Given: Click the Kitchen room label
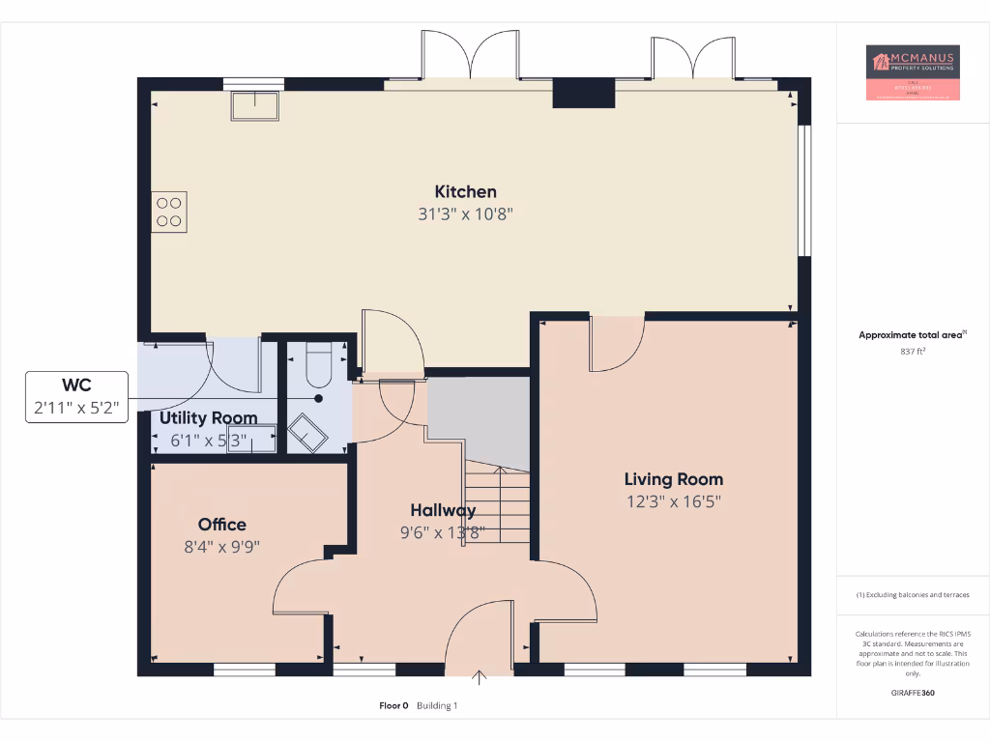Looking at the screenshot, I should [465, 191].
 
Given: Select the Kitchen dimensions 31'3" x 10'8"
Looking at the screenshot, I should [465, 214].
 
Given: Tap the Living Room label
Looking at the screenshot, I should [673, 479].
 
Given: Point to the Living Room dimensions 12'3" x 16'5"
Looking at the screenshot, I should [673, 501].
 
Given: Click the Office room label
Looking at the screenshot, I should [222, 525].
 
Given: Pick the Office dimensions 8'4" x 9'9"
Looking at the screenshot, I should [222, 546].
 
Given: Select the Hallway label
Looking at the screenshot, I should [443, 510].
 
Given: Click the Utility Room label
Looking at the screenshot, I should [208, 418].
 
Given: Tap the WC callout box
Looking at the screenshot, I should [76, 397].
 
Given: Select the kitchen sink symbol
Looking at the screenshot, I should [255, 104].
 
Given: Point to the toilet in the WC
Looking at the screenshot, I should [319, 364].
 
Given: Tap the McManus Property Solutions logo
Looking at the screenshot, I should [913, 72].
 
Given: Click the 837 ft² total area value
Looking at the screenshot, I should [913, 352].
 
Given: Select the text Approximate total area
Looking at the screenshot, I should [911, 335].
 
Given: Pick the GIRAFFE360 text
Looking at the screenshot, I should [913, 693].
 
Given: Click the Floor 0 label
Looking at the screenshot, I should [393, 706].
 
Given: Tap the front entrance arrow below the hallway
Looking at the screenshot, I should [480, 675].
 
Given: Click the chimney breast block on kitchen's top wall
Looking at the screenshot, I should [584, 94].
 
